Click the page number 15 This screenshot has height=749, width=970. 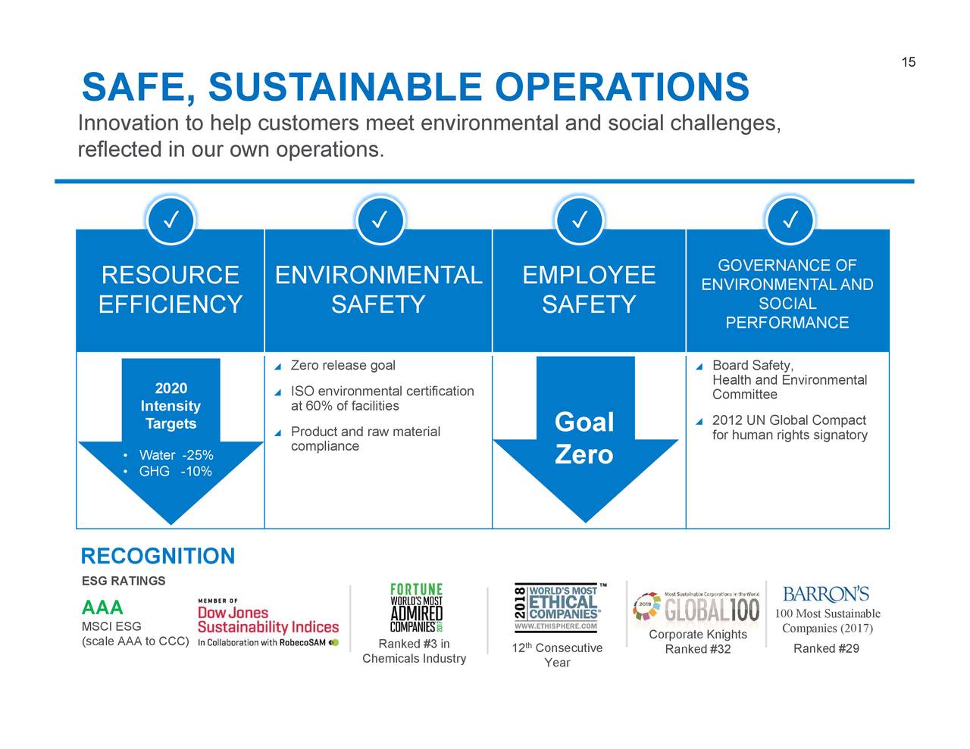point(908,62)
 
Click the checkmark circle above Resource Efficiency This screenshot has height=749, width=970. point(171,220)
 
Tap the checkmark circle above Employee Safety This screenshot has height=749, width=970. point(580,220)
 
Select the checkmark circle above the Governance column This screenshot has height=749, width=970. point(790,220)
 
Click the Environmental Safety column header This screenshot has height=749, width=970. point(378,289)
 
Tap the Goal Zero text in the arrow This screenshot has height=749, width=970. point(584,438)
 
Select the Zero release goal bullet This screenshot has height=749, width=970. point(343,366)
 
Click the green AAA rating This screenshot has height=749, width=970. point(102,608)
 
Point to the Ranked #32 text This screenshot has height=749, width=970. point(697,649)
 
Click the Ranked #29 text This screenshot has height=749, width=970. point(826,648)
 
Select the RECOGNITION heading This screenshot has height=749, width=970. point(158,557)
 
